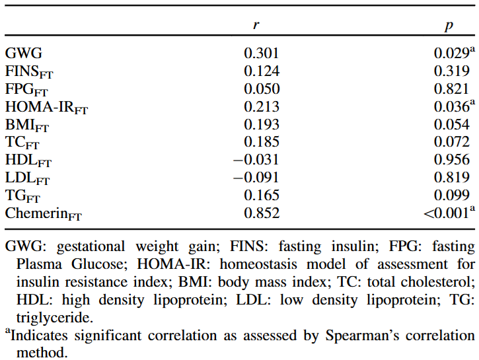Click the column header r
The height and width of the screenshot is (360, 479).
click(x=256, y=25)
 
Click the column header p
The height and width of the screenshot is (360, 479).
click(x=449, y=25)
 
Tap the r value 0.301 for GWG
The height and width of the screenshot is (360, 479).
click(x=262, y=53)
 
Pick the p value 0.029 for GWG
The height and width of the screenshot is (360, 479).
click(x=452, y=53)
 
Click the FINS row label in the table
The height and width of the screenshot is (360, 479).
click(x=26, y=71)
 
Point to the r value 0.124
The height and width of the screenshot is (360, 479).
click(x=262, y=71)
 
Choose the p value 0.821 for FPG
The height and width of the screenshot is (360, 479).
click(x=452, y=89)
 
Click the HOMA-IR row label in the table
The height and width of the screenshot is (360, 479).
click(x=46, y=107)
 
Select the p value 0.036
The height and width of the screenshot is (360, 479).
click(x=452, y=106)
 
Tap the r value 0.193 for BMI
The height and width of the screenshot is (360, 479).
click(x=262, y=124)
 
